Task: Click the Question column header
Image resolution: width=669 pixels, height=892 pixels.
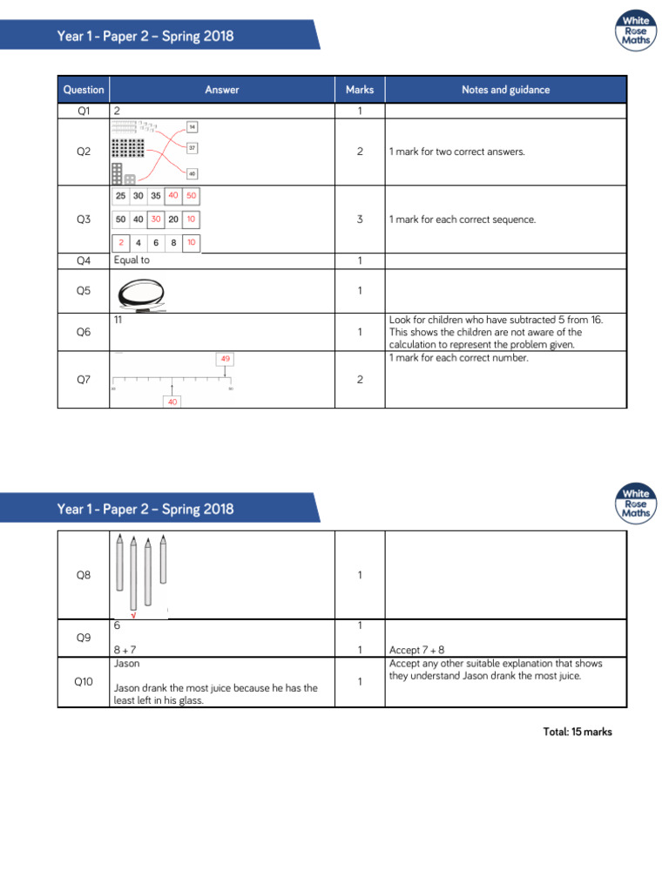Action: point(84,90)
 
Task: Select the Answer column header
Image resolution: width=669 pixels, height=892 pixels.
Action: point(222,90)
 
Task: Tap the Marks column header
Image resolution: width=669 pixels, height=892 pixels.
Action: point(360,90)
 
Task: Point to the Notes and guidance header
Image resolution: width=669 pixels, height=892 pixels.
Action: point(505,90)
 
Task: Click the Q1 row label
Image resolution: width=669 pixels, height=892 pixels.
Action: point(84,111)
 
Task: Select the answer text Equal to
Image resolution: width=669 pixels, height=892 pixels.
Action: point(132,260)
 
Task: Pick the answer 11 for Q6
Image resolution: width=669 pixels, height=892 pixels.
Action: point(118,321)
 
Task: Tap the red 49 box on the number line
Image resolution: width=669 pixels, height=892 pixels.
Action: point(226,359)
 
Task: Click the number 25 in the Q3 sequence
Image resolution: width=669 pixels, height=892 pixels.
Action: point(123,196)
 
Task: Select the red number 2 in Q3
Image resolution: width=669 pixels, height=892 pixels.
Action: point(122,243)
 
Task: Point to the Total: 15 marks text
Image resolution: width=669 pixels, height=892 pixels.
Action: point(577,732)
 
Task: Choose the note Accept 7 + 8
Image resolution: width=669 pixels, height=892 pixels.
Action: point(417,650)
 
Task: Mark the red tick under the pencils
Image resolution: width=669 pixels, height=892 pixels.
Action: point(133,615)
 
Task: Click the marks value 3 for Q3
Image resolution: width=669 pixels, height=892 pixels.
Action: point(360,220)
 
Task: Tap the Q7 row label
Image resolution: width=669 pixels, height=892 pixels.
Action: point(84,380)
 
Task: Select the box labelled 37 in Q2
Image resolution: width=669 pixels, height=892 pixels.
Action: point(192,148)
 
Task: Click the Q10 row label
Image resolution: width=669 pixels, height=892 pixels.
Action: point(84,681)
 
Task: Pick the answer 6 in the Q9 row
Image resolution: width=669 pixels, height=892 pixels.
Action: point(117,625)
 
